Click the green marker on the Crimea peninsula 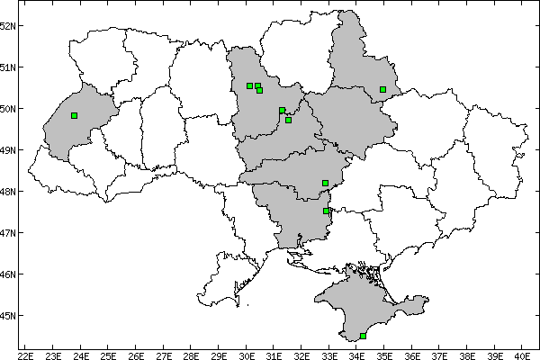tap(363, 336)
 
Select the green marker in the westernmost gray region tap(74, 115)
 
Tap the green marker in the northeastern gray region tap(382, 89)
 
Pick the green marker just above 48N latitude tap(325, 183)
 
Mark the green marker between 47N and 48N tap(326, 211)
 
